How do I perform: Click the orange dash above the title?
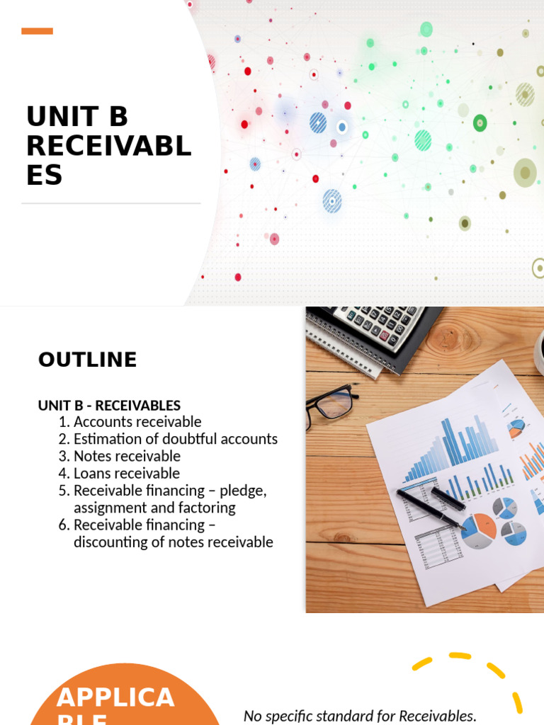coord(37,31)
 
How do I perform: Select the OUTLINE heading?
coord(87,360)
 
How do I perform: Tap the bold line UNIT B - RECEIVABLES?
coord(109,406)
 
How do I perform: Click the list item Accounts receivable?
coord(137,422)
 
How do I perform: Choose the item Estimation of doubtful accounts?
coord(176,439)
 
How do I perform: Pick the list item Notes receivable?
coord(127,456)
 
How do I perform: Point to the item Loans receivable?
coord(127,473)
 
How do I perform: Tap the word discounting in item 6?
coord(107,542)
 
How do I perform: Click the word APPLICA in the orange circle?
coord(115,697)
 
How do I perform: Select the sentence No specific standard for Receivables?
coord(360,716)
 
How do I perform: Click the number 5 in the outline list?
coord(64,491)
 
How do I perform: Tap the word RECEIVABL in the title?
coord(109,146)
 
